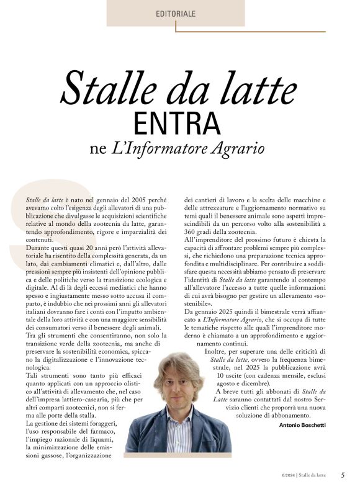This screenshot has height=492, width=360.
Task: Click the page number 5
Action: (343, 475)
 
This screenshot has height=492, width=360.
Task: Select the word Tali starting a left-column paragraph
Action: (32, 376)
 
